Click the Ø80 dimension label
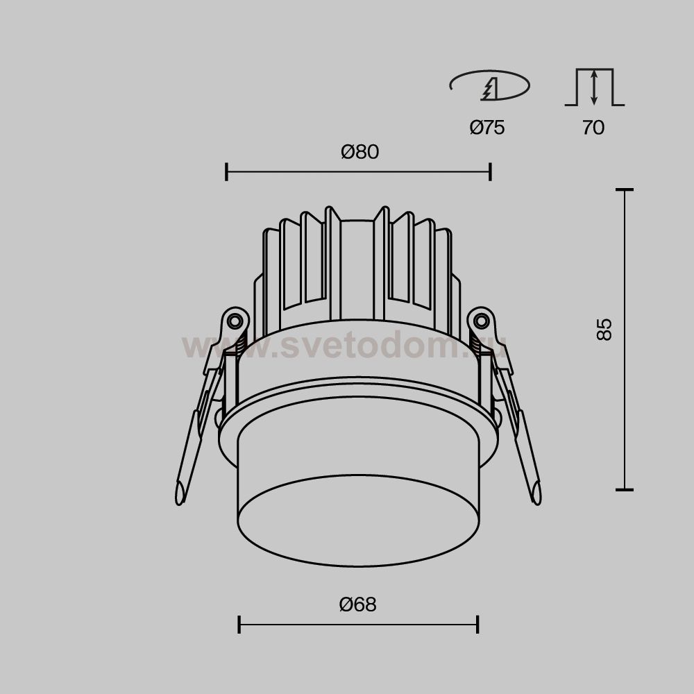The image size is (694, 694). (x=359, y=152)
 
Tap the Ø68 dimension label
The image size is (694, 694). (x=357, y=604)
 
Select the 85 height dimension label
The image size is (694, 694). (x=604, y=329)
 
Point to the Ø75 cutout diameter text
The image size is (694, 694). (x=487, y=128)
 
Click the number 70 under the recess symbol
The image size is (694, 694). (x=593, y=128)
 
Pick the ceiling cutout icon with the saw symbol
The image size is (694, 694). (x=489, y=85)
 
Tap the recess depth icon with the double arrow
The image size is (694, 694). (x=595, y=87)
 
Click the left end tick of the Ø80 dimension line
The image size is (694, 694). (x=227, y=171)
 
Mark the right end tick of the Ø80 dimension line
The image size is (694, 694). (x=491, y=171)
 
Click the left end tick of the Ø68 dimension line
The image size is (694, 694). (x=239, y=625)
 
